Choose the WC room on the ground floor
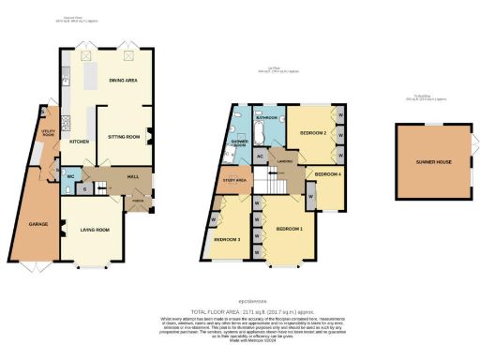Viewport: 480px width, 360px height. pyautogui.click(x=71, y=175)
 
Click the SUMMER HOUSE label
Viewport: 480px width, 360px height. pyautogui.click(x=434, y=162)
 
